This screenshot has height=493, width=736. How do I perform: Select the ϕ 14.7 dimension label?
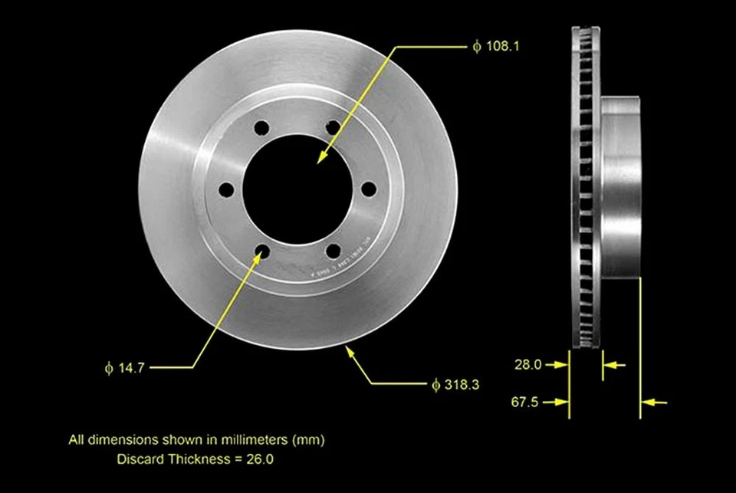pos(125,368)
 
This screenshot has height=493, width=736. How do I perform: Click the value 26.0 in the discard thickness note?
pos(260,459)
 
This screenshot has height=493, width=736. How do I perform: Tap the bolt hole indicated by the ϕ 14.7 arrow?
pos(261,251)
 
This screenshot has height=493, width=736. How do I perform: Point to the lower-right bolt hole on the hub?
pos(332,251)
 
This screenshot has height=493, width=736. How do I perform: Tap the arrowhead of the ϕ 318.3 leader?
pos(350,351)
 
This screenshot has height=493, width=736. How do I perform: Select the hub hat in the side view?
pos(620,188)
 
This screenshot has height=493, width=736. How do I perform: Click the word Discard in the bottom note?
pos(137,459)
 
